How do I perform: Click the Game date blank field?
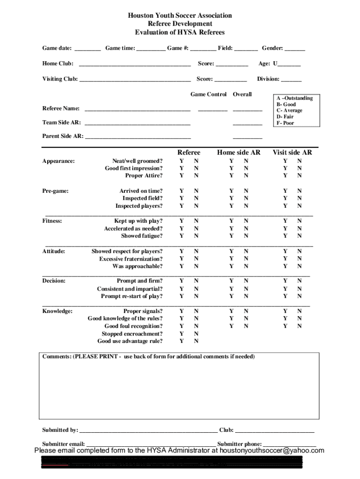[87, 49]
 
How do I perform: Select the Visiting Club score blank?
[230, 80]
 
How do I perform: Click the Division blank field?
[291, 80]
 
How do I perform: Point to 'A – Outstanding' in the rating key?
[295, 98]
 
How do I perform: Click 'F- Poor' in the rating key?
[286, 123]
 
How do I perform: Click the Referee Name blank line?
[137, 109]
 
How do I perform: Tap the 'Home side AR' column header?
[238, 152]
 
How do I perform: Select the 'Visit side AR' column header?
[292, 152]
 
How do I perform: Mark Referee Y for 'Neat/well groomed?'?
[182, 161]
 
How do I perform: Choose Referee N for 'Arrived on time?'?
[196, 191]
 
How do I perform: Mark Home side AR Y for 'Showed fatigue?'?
[231, 236]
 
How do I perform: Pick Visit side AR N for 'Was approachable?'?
[300, 266]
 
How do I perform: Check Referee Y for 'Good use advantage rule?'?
[182, 341]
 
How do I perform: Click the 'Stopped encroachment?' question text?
[132, 334]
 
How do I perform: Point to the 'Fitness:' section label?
[52, 221]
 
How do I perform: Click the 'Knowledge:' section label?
[57, 311]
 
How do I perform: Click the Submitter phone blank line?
[289, 444]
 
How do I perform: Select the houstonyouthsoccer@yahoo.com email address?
[272, 451]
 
